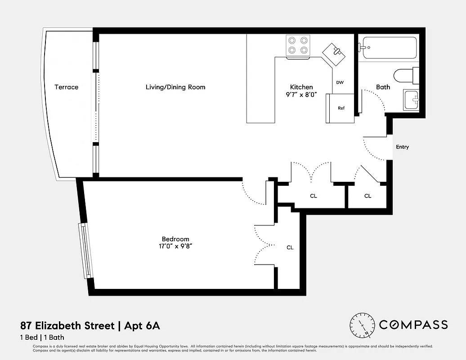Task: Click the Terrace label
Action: [66, 87]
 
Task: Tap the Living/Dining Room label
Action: [175, 87]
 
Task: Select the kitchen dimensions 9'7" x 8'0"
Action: [301, 94]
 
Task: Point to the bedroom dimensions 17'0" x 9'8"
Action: [175, 246]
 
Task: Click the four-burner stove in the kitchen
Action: [298, 45]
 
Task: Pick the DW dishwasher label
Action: [340, 82]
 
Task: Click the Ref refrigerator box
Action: [341, 108]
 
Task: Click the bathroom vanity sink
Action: [411, 100]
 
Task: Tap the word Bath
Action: [383, 87]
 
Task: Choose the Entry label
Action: [402, 147]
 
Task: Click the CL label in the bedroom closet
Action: [290, 247]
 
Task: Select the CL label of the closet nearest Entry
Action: [367, 196]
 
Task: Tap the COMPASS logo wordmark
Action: [413, 324]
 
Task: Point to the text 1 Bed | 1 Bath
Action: [45, 337]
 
